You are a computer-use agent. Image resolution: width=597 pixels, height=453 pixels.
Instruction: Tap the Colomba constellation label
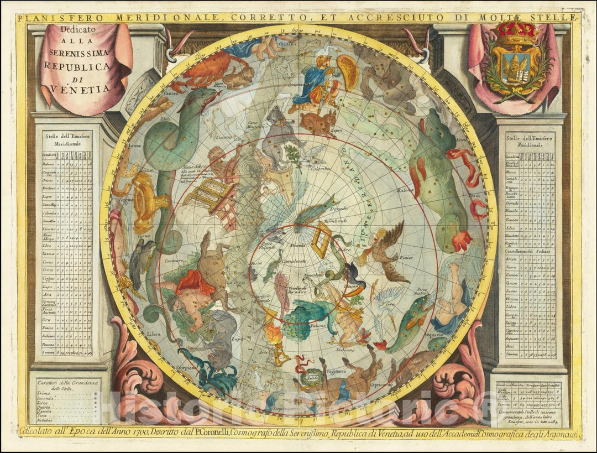tap(321, 168)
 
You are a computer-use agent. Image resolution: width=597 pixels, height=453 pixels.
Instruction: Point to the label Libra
tap(154, 334)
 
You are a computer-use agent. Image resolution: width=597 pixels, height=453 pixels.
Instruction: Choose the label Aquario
tap(434, 335)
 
